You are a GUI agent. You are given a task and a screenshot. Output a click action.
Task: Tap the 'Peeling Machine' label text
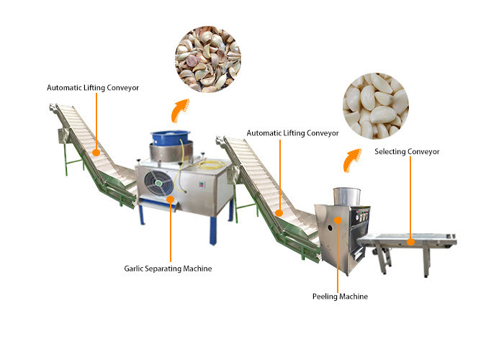(x=339, y=296)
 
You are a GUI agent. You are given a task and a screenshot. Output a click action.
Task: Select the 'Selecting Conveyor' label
(x=407, y=152)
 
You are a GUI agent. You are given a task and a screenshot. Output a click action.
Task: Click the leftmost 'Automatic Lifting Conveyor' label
(x=93, y=88)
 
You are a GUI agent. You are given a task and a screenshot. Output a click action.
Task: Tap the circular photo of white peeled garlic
(x=375, y=105)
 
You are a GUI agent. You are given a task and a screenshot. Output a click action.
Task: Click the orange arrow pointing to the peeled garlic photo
(x=351, y=157)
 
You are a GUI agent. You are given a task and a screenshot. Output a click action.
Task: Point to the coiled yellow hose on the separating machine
(x=210, y=167)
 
